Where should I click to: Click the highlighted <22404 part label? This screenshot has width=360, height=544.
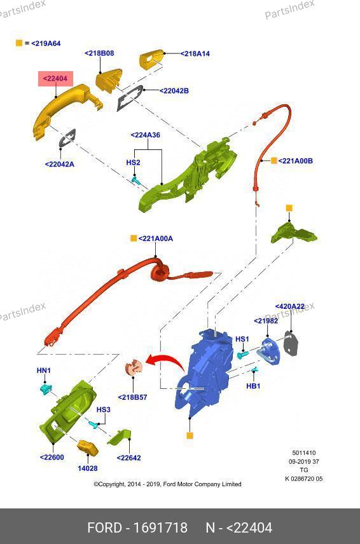55,79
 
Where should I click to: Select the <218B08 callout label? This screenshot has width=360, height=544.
99,53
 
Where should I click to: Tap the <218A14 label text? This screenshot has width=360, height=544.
195,54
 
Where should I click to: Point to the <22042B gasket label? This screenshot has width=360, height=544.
174,91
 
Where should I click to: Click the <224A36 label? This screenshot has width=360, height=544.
145,135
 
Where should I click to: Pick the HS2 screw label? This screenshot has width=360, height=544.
133,162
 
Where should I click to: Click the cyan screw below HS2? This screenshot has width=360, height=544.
135,180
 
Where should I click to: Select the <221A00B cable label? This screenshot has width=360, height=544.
295,161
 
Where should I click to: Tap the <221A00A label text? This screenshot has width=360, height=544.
156,239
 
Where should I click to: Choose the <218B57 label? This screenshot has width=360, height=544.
132,397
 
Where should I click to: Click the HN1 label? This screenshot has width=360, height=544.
44,371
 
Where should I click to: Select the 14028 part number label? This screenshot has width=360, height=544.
88,468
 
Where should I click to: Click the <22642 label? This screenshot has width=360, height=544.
128,458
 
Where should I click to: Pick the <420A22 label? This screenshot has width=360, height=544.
290,307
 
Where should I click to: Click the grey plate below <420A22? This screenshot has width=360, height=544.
291,343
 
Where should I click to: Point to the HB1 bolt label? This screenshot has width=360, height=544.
253,386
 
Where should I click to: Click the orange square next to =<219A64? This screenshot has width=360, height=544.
19,43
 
